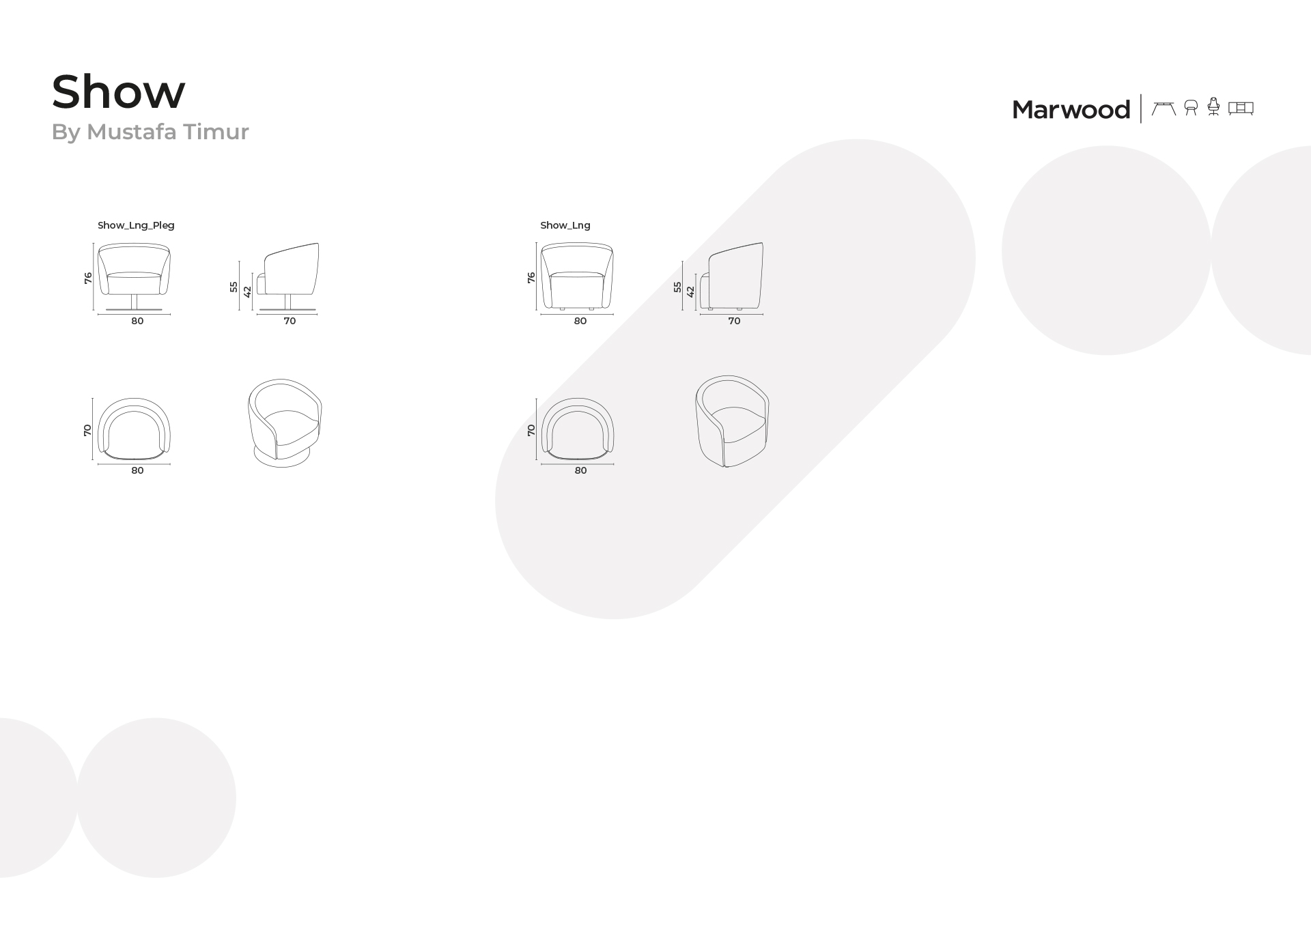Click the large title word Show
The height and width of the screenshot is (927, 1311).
click(x=118, y=91)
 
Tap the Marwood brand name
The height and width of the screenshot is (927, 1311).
click(x=1071, y=109)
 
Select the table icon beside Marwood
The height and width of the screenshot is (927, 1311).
click(x=1164, y=108)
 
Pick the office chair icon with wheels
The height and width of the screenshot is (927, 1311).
click(x=1213, y=106)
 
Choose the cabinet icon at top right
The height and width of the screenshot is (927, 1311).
click(x=1241, y=108)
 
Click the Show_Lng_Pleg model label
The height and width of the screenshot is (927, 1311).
click(x=136, y=225)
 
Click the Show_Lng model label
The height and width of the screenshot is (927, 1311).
click(x=565, y=225)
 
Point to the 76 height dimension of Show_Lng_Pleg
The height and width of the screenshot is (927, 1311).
click(x=88, y=278)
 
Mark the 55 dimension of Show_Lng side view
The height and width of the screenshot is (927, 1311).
click(x=677, y=287)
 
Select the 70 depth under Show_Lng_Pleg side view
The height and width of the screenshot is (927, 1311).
click(x=290, y=321)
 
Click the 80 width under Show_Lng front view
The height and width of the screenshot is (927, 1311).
click(x=580, y=321)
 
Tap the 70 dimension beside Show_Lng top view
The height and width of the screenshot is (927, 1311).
click(x=531, y=430)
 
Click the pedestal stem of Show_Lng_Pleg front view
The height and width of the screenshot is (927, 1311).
click(x=135, y=302)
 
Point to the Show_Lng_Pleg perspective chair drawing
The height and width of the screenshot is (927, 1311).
click(x=285, y=423)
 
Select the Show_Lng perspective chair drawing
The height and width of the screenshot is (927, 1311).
click(x=732, y=421)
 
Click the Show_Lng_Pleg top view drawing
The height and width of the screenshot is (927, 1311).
click(x=134, y=428)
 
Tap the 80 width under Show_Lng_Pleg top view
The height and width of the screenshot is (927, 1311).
click(x=137, y=470)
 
